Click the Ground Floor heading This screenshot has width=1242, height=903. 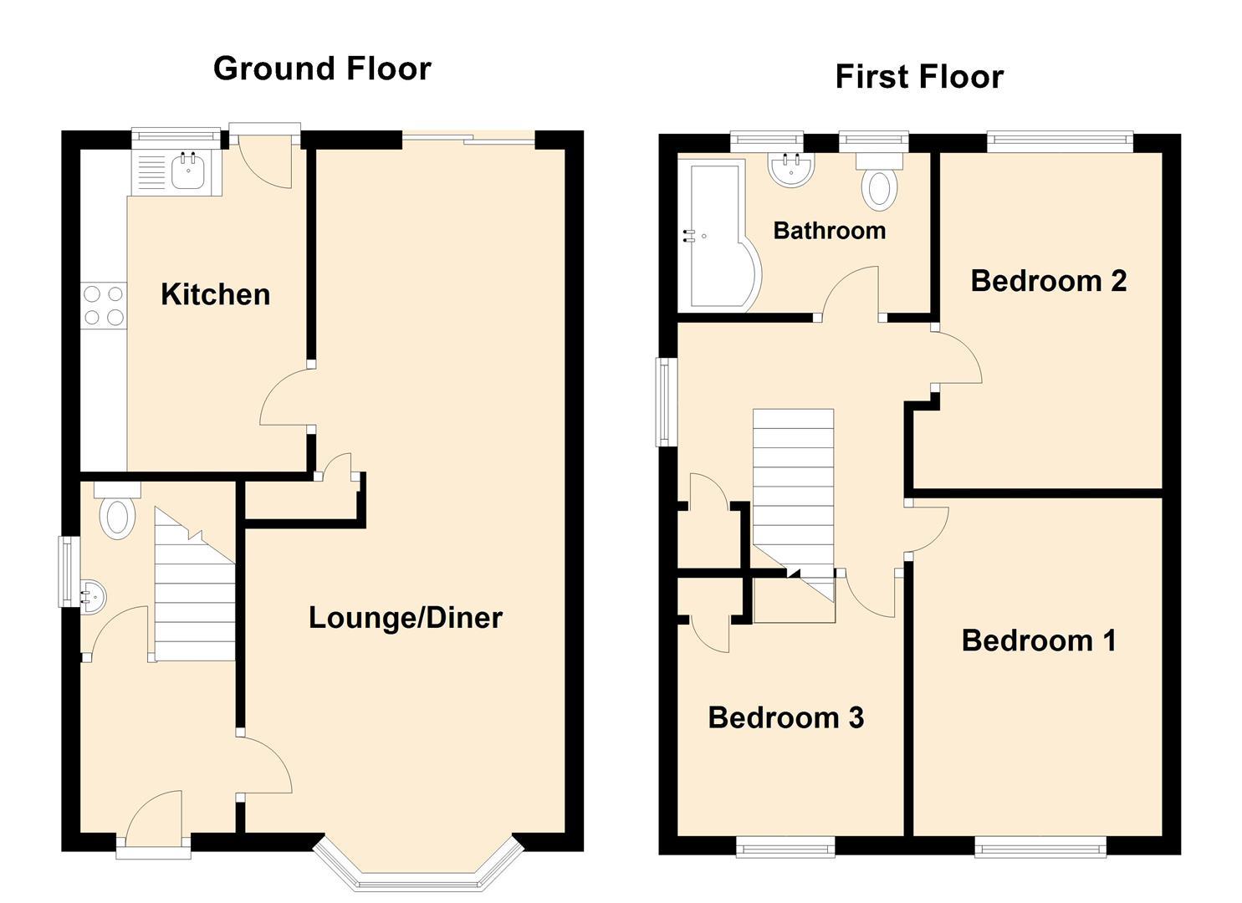[322, 69]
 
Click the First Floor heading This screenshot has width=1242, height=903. [918, 77]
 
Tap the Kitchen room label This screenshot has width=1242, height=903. [215, 294]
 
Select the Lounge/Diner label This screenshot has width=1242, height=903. [406, 618]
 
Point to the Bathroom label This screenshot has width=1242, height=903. [829, 231]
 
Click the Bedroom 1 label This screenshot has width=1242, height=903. [1038, 640]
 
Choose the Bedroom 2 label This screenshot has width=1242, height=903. [1048, 281]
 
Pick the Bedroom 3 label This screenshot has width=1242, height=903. [785, 717]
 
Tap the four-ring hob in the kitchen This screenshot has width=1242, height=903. [104, 305]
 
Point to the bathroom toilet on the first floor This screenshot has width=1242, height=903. [879, 184]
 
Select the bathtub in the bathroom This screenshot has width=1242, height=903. [715, 237]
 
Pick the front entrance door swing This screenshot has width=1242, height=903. [156, 815]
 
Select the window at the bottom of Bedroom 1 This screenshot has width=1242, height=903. [1040, 849]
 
